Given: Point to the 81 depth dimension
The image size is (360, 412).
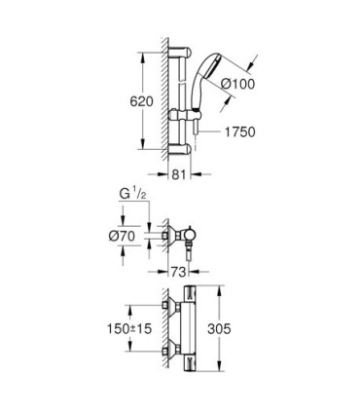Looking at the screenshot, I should [178, 176].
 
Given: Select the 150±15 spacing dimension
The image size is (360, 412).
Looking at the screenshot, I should [126, 329].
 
